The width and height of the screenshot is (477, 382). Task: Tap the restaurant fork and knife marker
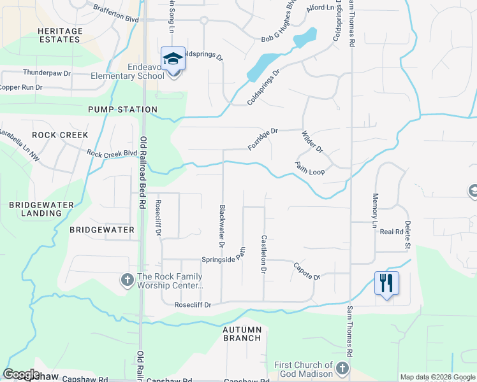[386, 283]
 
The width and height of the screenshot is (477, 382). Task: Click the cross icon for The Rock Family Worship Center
[127, 279]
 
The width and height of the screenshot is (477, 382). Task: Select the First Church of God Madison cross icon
[342, 368]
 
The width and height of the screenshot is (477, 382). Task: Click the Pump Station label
[122, 110]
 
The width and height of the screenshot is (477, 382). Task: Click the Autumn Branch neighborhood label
[242, 334]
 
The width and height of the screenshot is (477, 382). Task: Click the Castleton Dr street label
[263, 254]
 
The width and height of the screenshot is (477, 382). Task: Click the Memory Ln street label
[375, 210]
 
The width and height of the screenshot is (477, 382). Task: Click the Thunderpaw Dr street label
[47, 73]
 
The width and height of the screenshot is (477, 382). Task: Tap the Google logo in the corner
[21, 374]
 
